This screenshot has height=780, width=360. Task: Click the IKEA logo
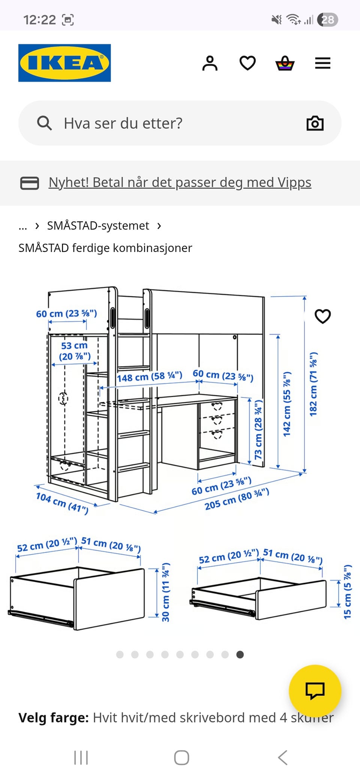[64, 63]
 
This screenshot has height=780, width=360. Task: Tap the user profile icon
[210, 63]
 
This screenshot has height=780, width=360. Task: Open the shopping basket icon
[285, 63]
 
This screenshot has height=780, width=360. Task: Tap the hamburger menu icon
[322, 63]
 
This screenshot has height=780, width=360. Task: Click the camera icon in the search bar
[315, 123]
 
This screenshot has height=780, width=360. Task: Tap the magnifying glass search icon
[44, 123]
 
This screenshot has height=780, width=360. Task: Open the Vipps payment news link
[180, 183]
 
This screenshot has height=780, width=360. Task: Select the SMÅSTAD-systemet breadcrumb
[98, 226]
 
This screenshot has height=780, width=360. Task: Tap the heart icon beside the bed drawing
[322, 316]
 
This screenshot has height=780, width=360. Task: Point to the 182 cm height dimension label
[313, 384]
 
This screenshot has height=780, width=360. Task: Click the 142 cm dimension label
[287, 404]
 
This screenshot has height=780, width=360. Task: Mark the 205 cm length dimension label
[237, 499]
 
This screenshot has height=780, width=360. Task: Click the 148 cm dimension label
[149, 376]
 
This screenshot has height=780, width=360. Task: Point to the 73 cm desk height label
[258, 429]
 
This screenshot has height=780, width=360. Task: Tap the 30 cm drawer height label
[165, 592]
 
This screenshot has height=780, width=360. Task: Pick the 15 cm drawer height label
[348, 592]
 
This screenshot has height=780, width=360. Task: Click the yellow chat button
[315, 691]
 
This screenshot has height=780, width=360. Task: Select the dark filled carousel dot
[240, 654]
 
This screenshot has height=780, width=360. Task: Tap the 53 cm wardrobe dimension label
[75, 351]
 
